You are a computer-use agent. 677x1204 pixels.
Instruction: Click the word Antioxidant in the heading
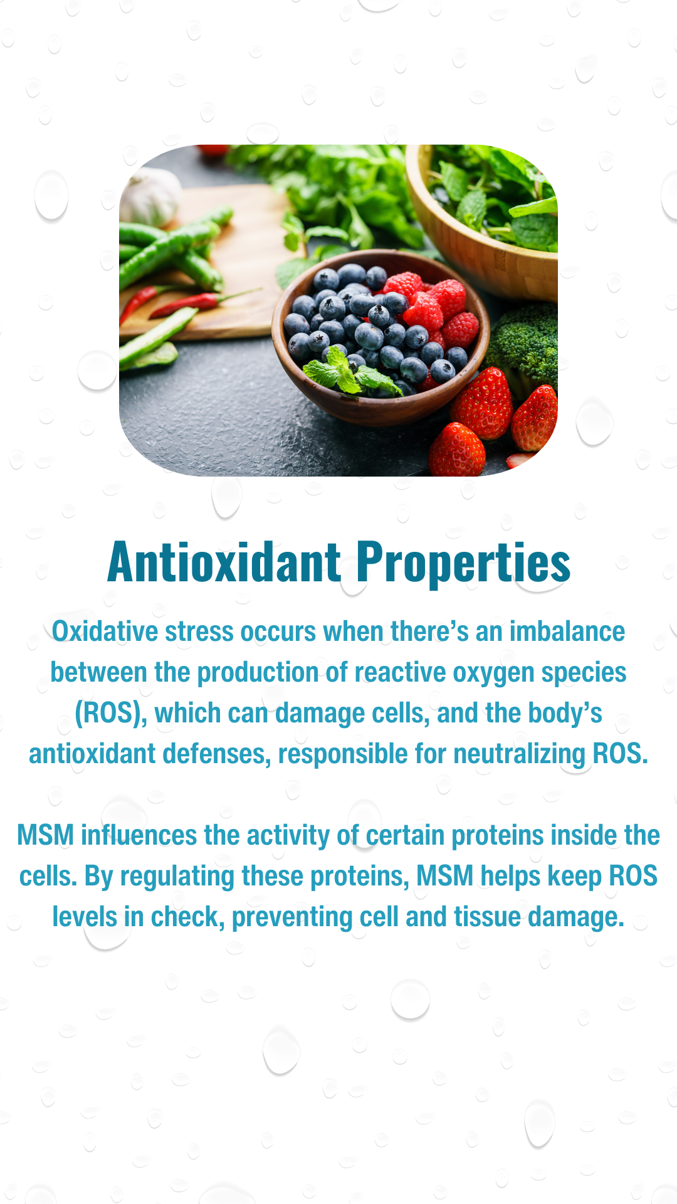(x=224, y=562)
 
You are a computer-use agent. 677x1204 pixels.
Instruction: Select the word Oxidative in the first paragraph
(x=105, y=631)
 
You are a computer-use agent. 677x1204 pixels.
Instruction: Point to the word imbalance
(x=567, y=631)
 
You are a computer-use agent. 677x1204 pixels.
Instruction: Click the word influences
(x=139, y=835)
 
